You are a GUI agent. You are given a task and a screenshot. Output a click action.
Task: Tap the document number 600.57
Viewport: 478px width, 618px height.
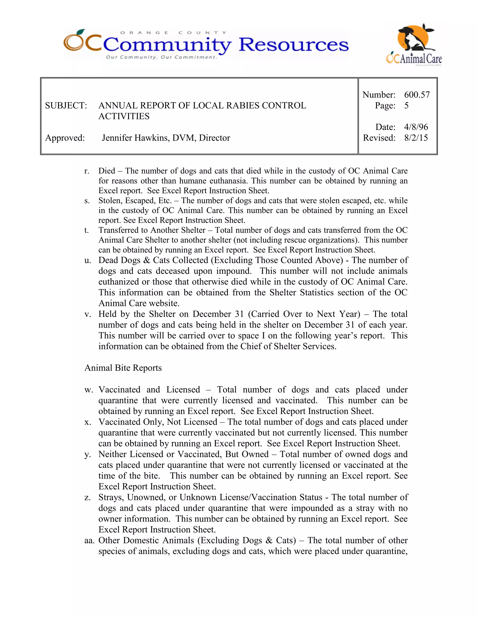click(417, 95)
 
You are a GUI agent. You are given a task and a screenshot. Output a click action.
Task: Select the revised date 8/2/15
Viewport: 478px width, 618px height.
click(416, 138)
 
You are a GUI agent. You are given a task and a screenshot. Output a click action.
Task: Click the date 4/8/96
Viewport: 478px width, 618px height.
click(416, 127)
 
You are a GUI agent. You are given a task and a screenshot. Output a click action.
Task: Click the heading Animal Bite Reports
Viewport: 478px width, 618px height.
click(123, 368)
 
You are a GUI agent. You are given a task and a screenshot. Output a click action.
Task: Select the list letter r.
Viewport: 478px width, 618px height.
click(87, 171)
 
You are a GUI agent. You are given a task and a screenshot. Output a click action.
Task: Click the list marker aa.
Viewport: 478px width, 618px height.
click(89, 541)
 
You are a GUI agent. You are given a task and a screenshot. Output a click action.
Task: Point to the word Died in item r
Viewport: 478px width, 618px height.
click(107, 171)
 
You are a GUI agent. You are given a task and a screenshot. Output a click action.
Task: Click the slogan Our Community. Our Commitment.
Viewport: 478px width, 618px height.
click(162, 57)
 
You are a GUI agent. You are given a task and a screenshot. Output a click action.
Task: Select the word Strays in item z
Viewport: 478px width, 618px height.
click(111, 497)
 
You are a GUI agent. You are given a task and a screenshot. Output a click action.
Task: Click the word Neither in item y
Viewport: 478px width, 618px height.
click(112, 454)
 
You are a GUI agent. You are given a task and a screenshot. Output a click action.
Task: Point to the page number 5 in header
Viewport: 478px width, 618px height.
click(406, 106)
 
